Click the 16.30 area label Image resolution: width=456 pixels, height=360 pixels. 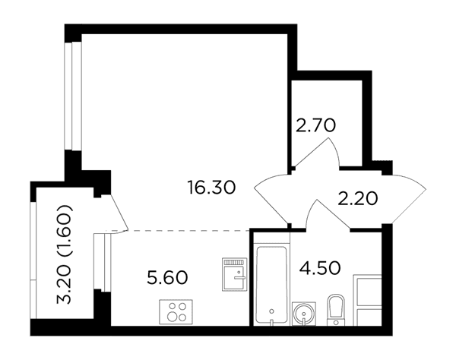tap(212, 188)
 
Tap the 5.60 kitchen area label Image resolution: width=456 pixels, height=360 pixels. tap(167, 277)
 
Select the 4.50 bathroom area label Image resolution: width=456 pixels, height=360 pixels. tap(320, 267)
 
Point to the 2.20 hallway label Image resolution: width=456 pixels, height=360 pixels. tap(358, 199)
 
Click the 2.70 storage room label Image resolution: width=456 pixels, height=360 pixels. tap(316, 125)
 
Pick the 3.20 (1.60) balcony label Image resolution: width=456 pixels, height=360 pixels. tap(64, 254)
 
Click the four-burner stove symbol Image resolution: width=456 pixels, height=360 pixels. tap(176, 311)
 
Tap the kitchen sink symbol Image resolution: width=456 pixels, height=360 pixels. tap(235, 274)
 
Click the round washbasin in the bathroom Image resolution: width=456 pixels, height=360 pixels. tap(304, 314)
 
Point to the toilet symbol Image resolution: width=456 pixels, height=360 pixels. tap(336, 310)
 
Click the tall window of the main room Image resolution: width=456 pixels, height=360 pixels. tap(73, 96)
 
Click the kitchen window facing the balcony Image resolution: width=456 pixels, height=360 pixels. tap(102, 262)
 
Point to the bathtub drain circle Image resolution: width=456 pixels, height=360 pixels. tap(271, 311)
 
